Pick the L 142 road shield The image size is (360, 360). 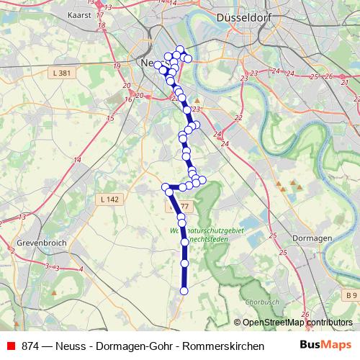(109, 199)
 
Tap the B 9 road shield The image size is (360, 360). (350, 295)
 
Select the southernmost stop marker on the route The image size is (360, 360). (184, 291)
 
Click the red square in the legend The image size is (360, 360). (9, 346)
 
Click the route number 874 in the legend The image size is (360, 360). (31, 346)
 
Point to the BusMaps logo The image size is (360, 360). (325, 346)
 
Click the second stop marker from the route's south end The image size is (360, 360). (184, 264)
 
